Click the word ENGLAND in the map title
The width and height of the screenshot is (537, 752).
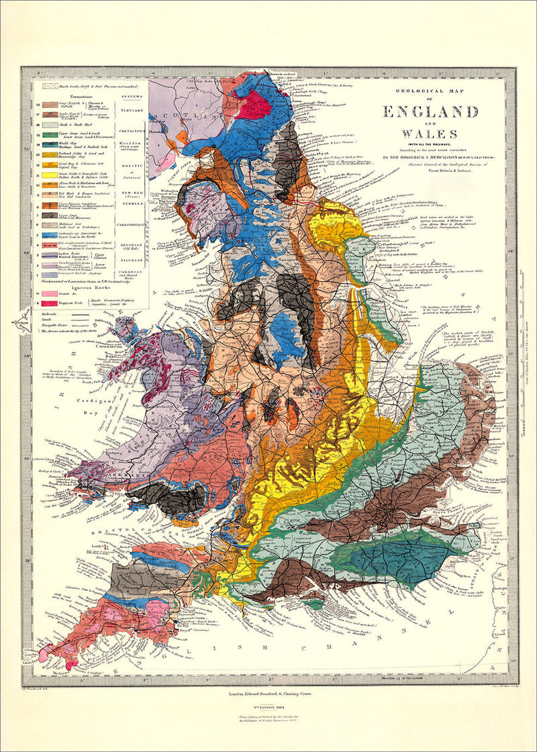(x=430, y=111)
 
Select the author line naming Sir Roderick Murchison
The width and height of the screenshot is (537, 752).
(x=430, y=158)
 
